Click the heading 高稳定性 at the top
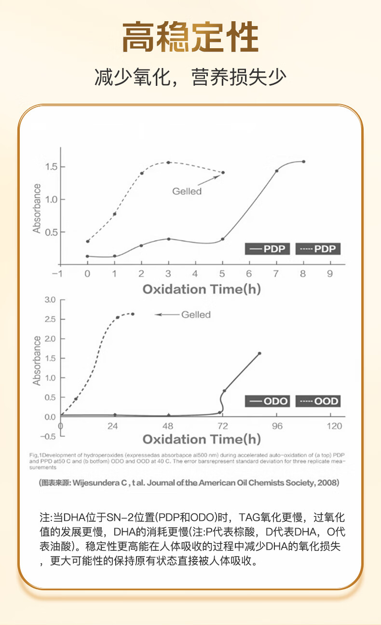(x=190, y=38)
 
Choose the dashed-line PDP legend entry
(x=318, y=249)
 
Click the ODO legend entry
(x=268, y=401)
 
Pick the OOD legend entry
(x=318, y=401)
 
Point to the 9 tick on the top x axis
(x=330, y=274)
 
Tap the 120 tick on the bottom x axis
(x=334, y=426)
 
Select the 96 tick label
(x=277, y=426)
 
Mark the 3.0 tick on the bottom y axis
(x=51, y=300)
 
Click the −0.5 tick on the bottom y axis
(x=48, y=436)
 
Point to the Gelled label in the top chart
(x=187, y=191)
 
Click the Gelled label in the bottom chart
(x=196, y=315)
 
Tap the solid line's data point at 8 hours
(x=303, y=162)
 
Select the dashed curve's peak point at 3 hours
(x=168, y=163)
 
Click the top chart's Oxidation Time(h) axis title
(x=202, y=289)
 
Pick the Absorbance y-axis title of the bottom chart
(x=37, y=361)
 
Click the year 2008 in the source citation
(x=327, y=483)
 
